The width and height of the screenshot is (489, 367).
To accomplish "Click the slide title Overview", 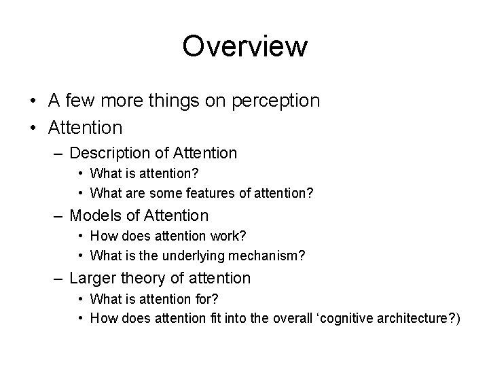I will coord(244,46).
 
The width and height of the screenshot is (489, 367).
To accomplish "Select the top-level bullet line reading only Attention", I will coord(86,127).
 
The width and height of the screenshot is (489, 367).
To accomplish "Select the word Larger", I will coord(92,278).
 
